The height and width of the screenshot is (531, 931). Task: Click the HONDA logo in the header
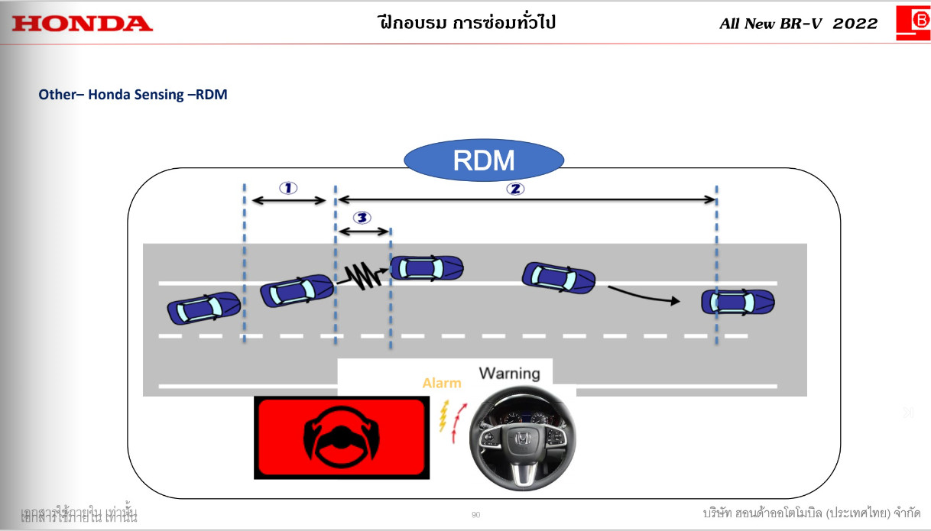point(83,24)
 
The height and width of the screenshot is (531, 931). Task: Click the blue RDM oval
point(484,160)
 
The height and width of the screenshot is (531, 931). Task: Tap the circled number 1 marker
point(288,187)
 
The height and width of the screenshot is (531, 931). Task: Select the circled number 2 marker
point(515,189)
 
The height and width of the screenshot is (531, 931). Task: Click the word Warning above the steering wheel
point(509,374)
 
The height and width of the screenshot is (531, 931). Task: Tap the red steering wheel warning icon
point(339,438)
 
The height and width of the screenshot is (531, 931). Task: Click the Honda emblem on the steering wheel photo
point(521,439)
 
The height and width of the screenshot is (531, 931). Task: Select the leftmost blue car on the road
point(203,307)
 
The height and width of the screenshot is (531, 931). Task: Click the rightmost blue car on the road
point(738,302)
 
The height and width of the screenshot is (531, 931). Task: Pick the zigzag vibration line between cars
point(363,275)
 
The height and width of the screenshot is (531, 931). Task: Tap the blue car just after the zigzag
point(427,267)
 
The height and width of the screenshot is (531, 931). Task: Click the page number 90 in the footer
point(476,515)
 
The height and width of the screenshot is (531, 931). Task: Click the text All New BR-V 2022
point(799,24)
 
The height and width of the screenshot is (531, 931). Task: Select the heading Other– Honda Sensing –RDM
point(133,96)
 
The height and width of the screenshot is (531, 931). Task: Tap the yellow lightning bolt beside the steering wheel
point(443,417)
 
